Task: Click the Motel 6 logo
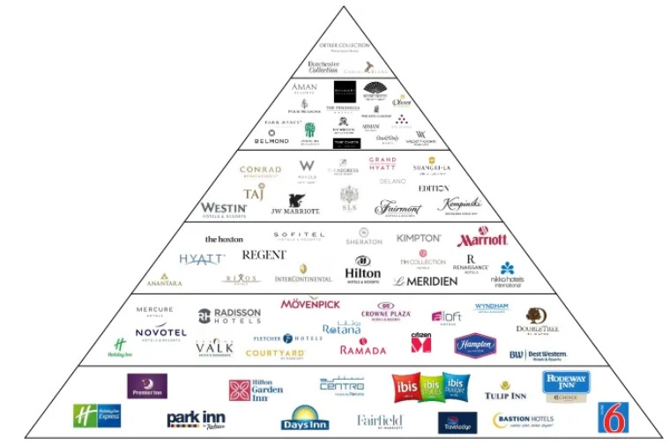click(613, 417)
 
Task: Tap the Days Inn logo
click(305, 418)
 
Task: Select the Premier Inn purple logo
click(147, 386)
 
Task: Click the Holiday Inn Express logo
click(97, 416)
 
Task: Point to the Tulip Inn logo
click(505, 390)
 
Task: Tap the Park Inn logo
click(197, 419)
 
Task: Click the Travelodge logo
click(457, 422)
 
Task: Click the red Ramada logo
click(362, 349)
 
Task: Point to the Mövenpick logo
click(310, 304)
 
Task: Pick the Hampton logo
click(475, 346)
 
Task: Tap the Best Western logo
click(538, 355)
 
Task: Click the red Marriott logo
click(482, 238)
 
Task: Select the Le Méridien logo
click(426, 281)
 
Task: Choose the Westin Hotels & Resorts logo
click(224, 209)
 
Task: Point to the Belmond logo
click(271, 138)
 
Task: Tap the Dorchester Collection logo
click(323, 66)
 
